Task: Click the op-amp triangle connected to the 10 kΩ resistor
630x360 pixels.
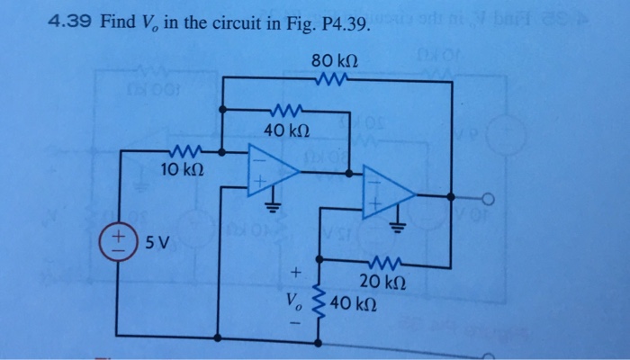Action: [x=275, y=169]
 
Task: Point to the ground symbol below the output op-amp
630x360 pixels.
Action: [x=400, y=227]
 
